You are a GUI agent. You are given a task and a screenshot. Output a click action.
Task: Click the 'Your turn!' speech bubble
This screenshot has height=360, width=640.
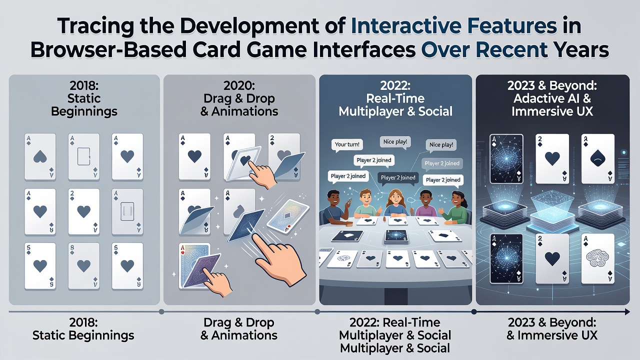[347, 144]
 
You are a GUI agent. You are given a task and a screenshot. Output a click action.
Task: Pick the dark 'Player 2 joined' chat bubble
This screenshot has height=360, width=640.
[398, 177]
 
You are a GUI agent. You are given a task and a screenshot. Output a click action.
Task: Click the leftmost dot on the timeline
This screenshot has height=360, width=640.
[161, 311]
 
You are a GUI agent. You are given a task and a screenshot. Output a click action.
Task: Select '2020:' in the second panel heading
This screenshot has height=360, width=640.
[239, 85]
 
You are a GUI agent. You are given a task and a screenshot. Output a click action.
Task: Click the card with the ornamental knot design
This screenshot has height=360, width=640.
[598, 259]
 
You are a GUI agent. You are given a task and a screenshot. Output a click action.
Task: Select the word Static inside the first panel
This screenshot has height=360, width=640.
[84, 98]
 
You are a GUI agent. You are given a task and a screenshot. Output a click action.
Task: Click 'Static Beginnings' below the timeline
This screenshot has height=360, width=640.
[83, 335]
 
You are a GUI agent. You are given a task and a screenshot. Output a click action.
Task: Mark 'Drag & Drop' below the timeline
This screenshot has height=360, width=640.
[239, 322]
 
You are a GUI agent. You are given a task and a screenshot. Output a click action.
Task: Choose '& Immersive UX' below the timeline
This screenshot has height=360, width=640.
[552, 335]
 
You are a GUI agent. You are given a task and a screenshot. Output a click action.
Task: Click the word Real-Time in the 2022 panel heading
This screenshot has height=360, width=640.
[395, 98]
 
